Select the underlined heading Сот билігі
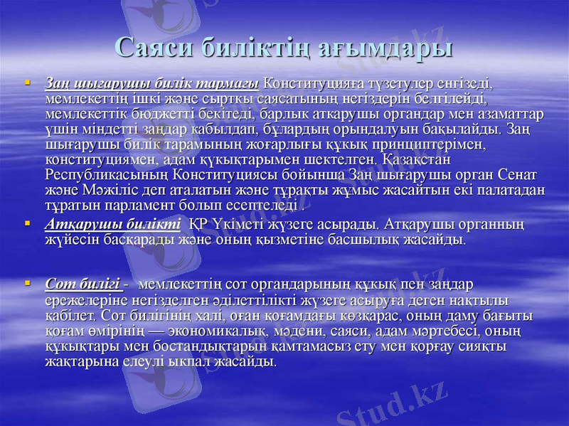(83, 284)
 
